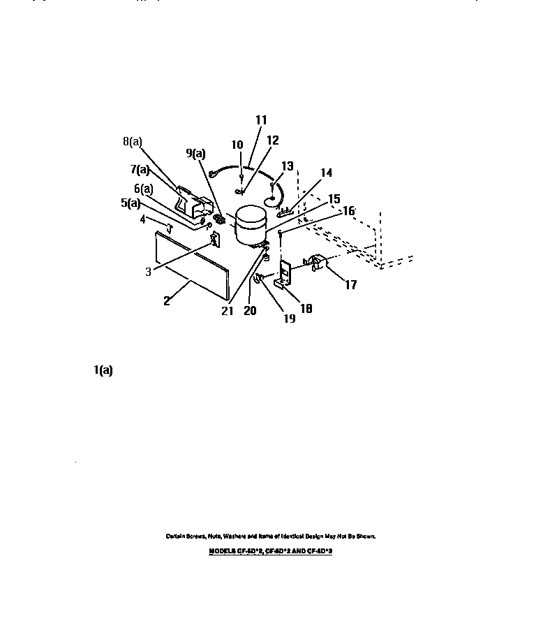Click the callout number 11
click(x=261, y=120)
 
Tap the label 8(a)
click(x=132, y=141)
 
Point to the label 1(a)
click(x=103, y=371)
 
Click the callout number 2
click(x=168, y=301)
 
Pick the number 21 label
click(x=227, y=311)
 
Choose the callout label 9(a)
click(x=195, y=153)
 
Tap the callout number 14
click(x=327, y=173)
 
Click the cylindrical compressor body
click(x=250, y=225)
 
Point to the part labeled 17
click(x=317, y=263)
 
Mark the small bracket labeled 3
click(x=215, y=240)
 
